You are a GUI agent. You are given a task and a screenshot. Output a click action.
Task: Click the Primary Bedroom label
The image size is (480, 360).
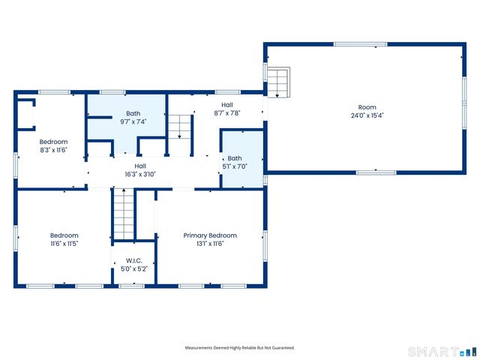pos(210,235)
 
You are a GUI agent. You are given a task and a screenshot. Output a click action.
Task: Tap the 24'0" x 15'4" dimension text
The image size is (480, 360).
pos(367,115)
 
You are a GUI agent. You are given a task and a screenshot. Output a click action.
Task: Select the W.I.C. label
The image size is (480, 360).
pos(134,261)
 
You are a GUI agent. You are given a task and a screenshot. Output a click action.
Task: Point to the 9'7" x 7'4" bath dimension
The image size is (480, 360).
pos(133,121)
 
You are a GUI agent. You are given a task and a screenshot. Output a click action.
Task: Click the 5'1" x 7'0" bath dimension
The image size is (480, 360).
pos(235,166)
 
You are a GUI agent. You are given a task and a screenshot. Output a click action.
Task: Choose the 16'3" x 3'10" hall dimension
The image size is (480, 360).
pos(140,174)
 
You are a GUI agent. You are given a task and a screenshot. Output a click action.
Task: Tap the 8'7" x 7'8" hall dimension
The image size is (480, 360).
pos(226,113)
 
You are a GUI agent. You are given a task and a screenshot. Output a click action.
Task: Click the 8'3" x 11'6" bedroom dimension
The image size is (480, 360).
pos(53,150)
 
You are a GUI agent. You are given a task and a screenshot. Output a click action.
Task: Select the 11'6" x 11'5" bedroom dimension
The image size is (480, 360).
pos(64,244)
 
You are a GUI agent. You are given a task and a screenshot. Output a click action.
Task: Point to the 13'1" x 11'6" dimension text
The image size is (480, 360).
pos(210,244)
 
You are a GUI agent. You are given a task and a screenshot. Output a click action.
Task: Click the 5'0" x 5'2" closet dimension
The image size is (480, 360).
pos(134,268)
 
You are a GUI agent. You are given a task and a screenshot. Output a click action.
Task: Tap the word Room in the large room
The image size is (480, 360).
pos(367,107)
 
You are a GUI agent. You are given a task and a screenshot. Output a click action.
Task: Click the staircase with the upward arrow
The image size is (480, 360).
pos(124,214)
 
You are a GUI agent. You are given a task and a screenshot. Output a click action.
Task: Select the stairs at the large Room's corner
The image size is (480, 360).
pos(278,82)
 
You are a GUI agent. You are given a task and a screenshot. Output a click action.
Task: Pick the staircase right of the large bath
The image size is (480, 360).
pos(180,135)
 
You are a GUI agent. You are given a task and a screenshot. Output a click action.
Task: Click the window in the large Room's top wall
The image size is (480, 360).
pos(360,44)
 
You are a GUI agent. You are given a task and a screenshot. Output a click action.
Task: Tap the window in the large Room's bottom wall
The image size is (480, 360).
pos(376,172)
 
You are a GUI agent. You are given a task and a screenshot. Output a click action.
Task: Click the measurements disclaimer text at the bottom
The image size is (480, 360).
pos(240,348)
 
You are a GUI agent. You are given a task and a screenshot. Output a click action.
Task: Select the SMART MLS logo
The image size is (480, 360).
pos(442,352)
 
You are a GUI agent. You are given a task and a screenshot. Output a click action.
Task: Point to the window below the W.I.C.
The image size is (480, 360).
pos(132,286)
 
